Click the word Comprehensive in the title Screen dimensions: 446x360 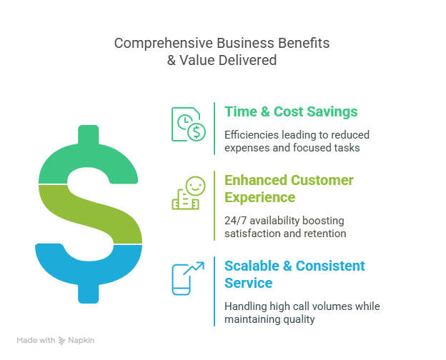tap(164, 44)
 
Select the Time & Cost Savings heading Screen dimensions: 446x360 tap(291, 111)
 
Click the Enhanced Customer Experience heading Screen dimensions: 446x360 tap(289, 189)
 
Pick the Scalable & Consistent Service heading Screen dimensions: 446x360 tap(294, 274)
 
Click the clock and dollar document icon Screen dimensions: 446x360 tap(188, 124)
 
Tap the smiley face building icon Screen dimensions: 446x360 tap(188, 193)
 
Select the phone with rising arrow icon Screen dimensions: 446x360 tap(188, 279)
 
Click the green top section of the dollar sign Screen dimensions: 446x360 tap(89, 159)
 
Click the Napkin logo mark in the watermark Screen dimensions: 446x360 tap(61, 341)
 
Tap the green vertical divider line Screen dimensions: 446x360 tap(214, 129)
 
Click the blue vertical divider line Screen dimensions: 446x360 tap(214, 291)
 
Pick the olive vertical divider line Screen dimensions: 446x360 tap(214, 206)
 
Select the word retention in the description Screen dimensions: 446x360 tap(325, 234)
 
